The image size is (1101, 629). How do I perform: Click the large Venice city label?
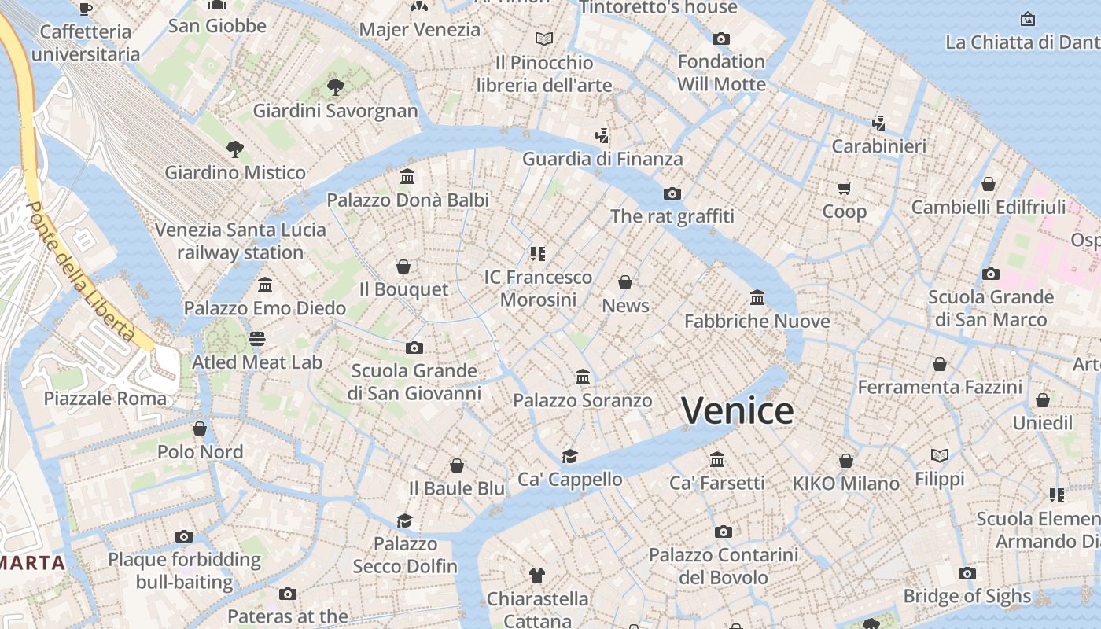[x=737, y=411]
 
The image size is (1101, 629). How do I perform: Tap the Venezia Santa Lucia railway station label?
[x=240, y=241]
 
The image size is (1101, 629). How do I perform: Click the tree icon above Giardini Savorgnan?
[x=335, y=86]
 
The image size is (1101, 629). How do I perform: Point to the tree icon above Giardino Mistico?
[x=234, y=149]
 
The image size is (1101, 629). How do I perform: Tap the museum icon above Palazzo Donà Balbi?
[x=407, y=176]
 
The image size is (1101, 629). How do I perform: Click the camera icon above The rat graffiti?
[x=672, y=193]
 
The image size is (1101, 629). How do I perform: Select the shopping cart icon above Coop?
[x=844, y=188]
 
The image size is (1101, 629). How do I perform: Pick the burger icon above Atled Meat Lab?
[x=257, y=339]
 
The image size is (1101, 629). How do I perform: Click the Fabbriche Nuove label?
[x=757, y=321]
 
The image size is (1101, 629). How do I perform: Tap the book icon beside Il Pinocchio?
[x=543, y=39]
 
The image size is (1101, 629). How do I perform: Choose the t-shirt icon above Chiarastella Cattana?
[x=537, y=576]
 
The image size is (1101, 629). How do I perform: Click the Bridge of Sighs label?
[x=967, y=596]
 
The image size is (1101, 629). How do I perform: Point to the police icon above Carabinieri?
[x=878, y=123]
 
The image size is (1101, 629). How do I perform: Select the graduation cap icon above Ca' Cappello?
[x=569, y=456]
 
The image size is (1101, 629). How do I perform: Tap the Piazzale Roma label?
[x=105, y=398]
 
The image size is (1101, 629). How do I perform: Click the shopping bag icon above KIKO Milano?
[x=845, y=460]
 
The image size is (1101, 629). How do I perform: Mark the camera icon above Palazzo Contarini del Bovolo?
[x=723, y=532]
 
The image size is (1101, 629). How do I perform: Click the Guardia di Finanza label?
[x=602, y=159]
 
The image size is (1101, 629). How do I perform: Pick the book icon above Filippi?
[x=939, y=455]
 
